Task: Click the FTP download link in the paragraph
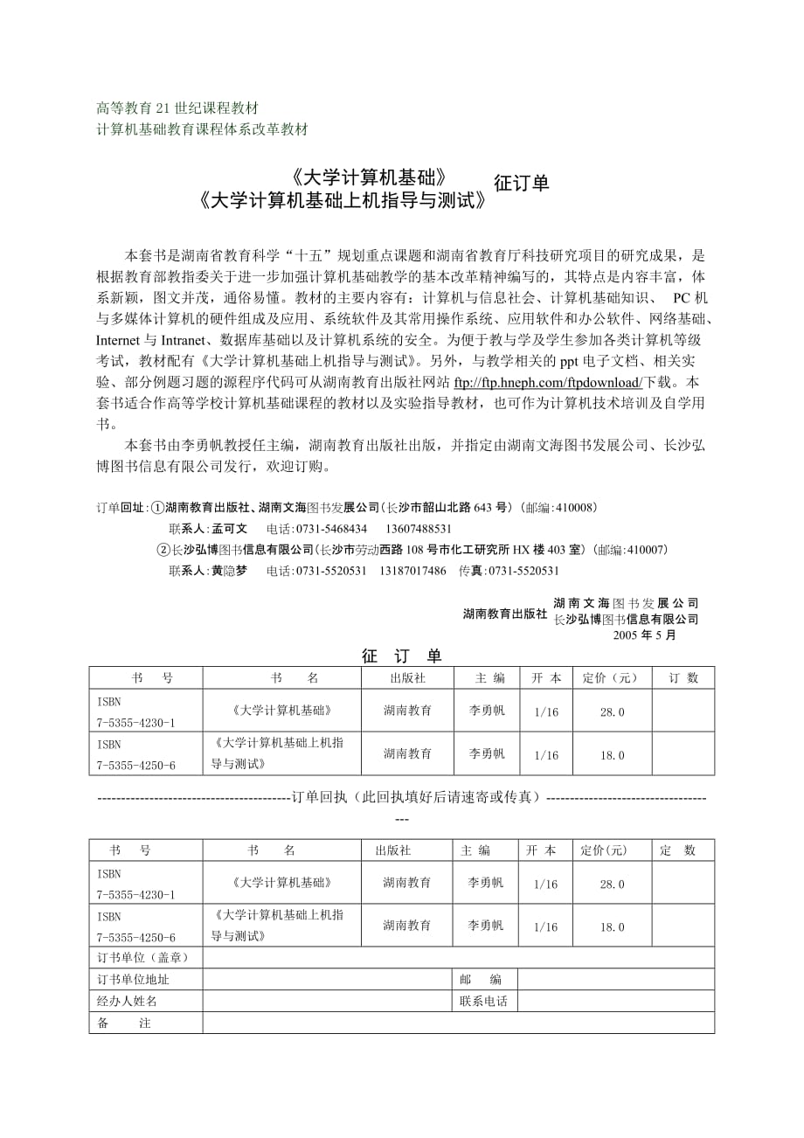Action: click(548, 382)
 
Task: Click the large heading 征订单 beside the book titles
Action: click(522, 184)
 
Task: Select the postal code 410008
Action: click(576, 507)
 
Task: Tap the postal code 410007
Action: click(647, 550)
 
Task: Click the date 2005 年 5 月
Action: click(644, 635)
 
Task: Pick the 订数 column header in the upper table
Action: click(683, 677)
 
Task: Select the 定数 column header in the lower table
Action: click(678, 850)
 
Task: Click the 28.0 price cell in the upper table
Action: click(612, 712)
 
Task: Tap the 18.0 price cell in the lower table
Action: click(612, 927)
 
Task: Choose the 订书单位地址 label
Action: click(134, 980)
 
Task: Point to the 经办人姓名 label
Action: click(128, 1002)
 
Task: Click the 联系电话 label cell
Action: click(483, 1002)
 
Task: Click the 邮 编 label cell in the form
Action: click(483, 980)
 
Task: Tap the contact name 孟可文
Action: click(230, 529)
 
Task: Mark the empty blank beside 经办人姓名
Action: click(327, 1002)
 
